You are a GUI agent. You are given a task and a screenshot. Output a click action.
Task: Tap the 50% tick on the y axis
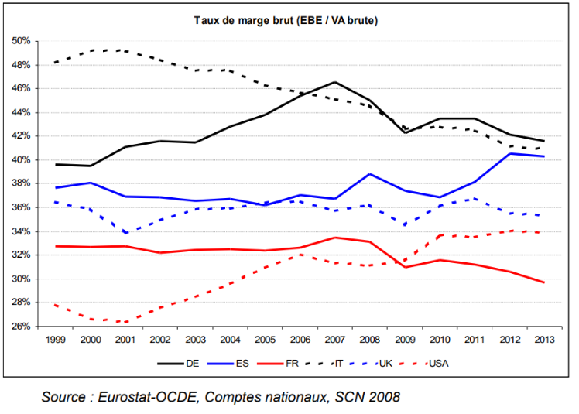pyautogui.click(x=21, y=40)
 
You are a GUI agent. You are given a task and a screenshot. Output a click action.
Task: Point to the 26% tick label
pyautogui.click(x=21, y=327)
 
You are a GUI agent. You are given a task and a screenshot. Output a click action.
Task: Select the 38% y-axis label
pyautogui.click(x=21, y=183)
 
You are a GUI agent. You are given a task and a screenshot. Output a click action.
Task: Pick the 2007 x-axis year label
pyautogui.click(x=334, y=339)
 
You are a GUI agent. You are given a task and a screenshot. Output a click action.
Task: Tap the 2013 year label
pyautogui.click(x=543, y=339)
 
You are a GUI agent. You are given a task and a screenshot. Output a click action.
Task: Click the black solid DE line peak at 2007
pyautogui.click(x=334, y=82)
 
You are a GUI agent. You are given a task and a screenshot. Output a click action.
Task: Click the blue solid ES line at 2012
pyautogui.click(x=509, y=153)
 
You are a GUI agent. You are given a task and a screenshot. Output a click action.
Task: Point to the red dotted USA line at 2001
pyautogui.click(x=125, y=322)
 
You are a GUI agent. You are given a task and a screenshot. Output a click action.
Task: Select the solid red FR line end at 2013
pyautogui.click(x=543, y=282)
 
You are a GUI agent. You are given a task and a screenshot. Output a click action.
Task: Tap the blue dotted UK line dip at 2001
pyautogui.click(x=125, y=231)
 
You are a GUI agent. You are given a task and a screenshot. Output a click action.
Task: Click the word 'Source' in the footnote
pyautogui.click(x=67, y=397)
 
